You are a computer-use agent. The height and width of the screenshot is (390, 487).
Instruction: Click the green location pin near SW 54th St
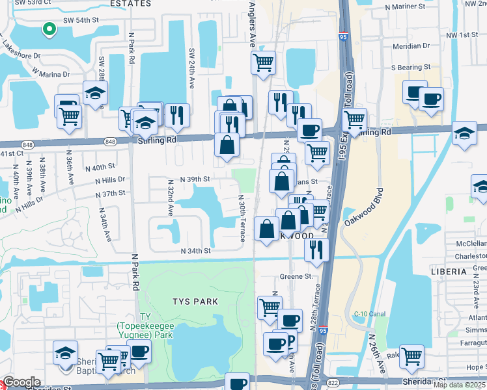click(x=48, y=29)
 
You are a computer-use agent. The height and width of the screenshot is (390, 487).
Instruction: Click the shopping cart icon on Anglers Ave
click(x=263, y=63)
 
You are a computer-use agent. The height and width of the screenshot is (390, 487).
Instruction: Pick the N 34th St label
click(x=196, y=251)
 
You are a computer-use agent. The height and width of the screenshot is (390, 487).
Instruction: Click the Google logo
click(x=22, y=382)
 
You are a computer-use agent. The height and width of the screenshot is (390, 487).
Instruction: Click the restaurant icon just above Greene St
click(x=316, y=249)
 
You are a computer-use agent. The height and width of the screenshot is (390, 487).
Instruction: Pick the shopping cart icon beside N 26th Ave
click(x=411, y=356)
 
